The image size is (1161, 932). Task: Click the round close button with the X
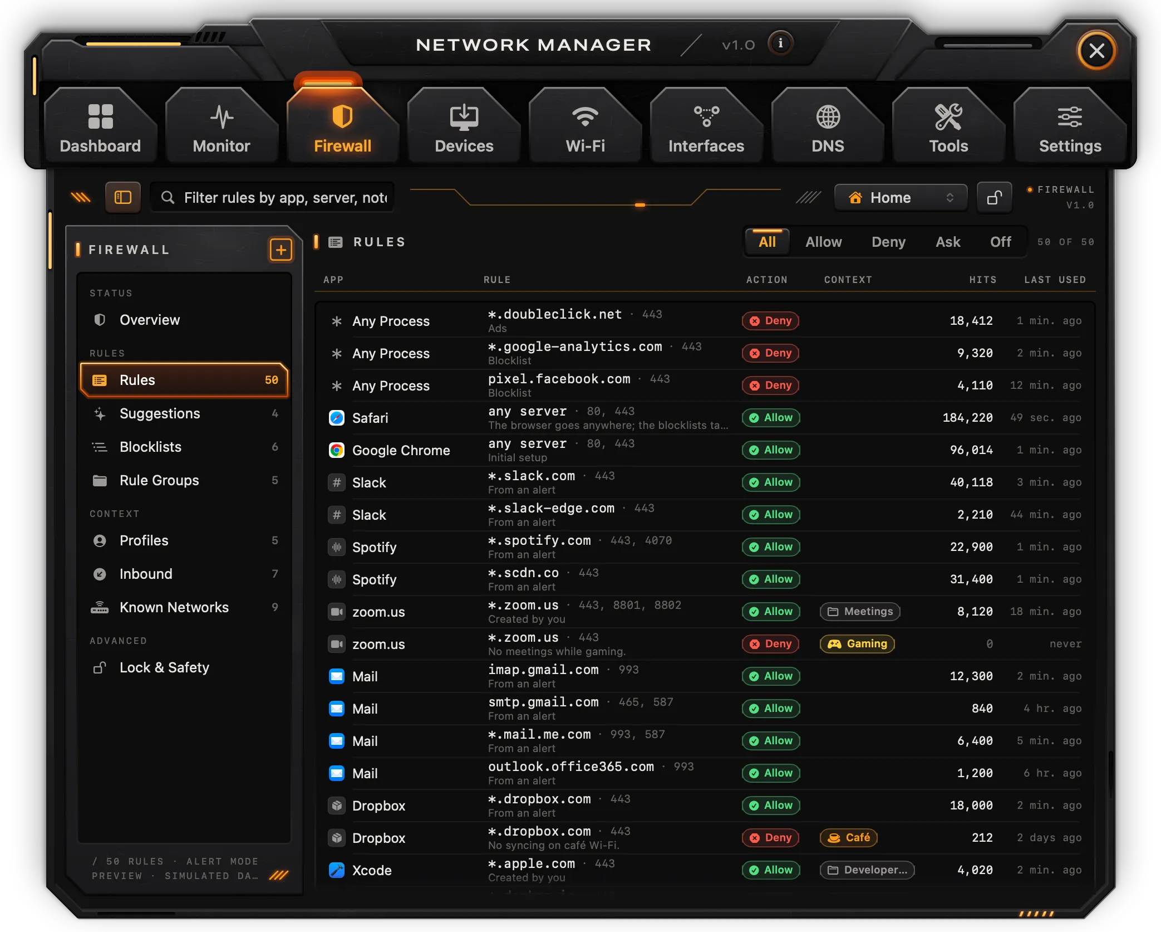click(x=1096, y=51)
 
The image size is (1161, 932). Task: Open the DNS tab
click(x=828, y=126)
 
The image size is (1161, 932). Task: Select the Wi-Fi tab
click(x=585, y=126)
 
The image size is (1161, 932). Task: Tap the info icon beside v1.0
click(x=780, y=43)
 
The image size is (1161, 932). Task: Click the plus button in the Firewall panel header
click(x=281, y=250)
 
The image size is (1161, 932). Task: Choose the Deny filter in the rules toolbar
click(x=888, y=242)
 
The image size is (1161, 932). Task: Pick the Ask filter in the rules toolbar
click(x=948, y=242)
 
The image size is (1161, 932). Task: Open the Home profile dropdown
click(x=901, y=198)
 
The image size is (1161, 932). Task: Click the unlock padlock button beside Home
click(x=994, y=198)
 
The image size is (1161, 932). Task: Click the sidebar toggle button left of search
click(x=122, y=197)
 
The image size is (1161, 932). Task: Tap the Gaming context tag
click(x=857, y=643)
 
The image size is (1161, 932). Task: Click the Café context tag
click(x=848, y=837)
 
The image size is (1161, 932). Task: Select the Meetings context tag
click(x=860, y=611)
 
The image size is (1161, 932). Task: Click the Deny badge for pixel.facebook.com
click(x=770, y=385)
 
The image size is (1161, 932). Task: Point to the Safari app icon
click(x=337, y=418)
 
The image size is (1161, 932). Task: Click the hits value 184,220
click(x=967, y=418)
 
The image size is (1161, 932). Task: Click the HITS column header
click(x=982, y=280)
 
